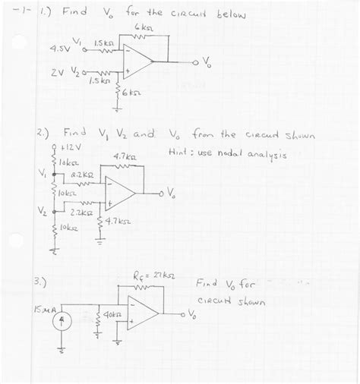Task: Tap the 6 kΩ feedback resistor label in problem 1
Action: [x=142, y=27]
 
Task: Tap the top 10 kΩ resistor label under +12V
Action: [x=68, y=162]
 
